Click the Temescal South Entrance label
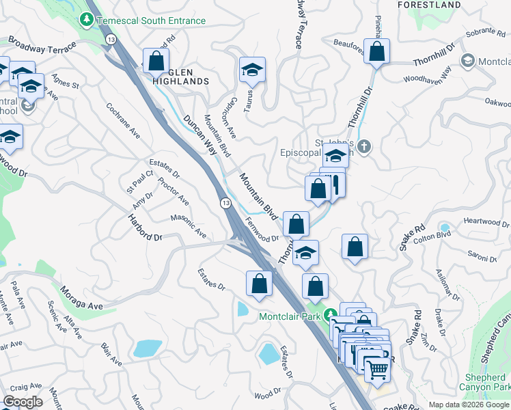(151, 20)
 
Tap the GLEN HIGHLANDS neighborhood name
(176, 77)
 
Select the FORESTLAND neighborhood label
(434, 4)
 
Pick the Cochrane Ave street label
(123, 120)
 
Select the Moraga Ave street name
(81, 299)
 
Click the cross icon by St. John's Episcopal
(365, 146)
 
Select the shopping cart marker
(376, 370)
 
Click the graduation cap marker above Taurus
(252, 70)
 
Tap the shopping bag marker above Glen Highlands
(156, 60)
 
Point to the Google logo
(23, 402)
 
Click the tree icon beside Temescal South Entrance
(87, 20)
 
